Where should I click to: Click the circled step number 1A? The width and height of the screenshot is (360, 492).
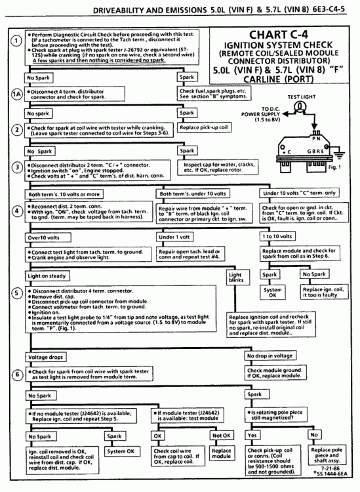click(x=17, y=94)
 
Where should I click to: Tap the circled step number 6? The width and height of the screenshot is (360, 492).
click(x=17, y=375)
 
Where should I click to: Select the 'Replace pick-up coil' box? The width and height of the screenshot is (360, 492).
click(x=204, y=127)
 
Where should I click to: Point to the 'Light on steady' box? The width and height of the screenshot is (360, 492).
click(x=47, y=276)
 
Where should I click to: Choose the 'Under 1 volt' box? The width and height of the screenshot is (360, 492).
click(x=174, y=237)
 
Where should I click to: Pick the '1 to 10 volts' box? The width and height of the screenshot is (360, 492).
click(x=277, y=236)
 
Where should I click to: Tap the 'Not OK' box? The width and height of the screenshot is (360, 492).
click(x=222, y=436)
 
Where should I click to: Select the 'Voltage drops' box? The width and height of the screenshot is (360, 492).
click(x=45, y=357)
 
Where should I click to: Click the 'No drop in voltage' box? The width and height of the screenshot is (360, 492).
click(x=270, y=356)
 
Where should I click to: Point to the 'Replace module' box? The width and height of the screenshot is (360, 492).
click(x=222, y=453)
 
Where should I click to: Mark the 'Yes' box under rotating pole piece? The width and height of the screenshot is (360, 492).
click(x=252, y=435)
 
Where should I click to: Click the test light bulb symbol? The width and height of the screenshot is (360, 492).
click(x=300, y=108)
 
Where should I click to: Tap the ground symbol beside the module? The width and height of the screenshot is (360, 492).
click(x=339, y=155)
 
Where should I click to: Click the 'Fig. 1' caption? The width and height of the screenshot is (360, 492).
click(x=334, y=167)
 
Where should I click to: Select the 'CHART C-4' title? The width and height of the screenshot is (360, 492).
click(x=279, y=35)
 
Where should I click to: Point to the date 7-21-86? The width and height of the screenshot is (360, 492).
click(x=330, y=468)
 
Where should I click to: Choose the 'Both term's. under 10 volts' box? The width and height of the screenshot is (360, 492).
click(x=193, y=194)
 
